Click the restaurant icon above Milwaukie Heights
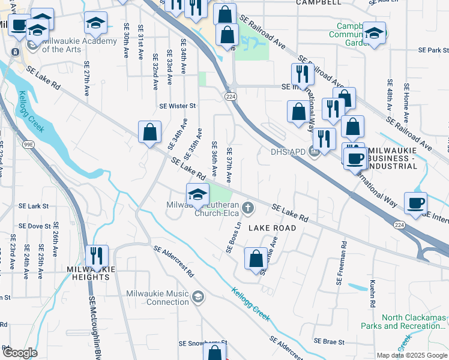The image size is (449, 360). [97, 256]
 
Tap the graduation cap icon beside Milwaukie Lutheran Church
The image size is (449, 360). [197, 194]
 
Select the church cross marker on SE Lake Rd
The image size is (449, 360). [247, 208]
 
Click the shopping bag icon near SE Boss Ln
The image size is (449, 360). [256, 259]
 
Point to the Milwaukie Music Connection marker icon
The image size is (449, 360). [199, 297]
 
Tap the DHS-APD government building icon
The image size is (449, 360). [313, 151]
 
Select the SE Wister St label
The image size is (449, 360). [178, 106]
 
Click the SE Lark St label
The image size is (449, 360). [34, 206]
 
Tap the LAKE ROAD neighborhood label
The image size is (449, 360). [272, 228]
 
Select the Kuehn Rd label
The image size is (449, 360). [372, 289]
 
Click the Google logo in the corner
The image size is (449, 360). [19, 353]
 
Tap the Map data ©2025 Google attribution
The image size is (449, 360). [411, 355]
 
